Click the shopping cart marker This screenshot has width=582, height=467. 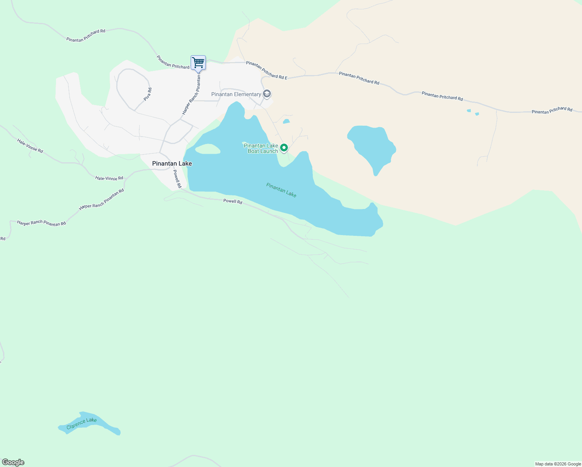[x=198, y=62]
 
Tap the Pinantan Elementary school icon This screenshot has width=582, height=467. [x=267, y=94]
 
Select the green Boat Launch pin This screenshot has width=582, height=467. [x=284, y=148]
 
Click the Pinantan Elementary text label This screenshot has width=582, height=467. [x=236, y=94]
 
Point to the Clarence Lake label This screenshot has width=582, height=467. [x=82, y=423]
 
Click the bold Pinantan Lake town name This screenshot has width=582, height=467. [x=172, y=163]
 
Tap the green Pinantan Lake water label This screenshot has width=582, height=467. [x=281, y=190]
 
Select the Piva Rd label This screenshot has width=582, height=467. [x=148, y=95]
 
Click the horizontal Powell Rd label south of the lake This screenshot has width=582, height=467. [x=233, y=201]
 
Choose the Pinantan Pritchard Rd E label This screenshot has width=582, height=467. [x=266, y=70]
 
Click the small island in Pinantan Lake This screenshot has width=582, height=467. [x=208, y=149]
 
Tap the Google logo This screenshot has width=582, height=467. [x=13, y=462]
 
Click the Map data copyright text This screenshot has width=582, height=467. [x=558, y=464]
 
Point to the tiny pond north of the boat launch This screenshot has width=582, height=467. [x=286, y=121]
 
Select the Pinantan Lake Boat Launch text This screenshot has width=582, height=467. [x=261, y=148]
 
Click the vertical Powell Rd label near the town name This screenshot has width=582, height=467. [x=177, y=179]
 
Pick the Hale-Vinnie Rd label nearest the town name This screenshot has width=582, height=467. [x=109, y=178]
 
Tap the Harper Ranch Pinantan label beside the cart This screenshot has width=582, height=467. [x=191, y=95]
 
